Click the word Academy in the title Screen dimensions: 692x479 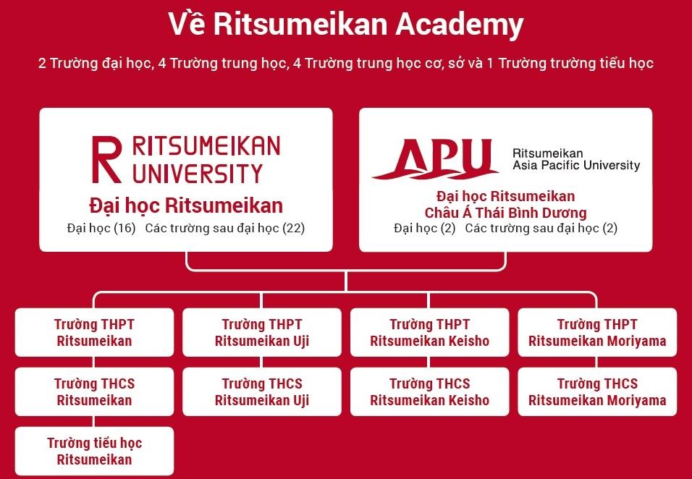[460, 25]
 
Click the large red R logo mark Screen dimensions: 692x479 [106, 159]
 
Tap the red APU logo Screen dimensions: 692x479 [435, 159]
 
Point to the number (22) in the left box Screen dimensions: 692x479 [293, 229]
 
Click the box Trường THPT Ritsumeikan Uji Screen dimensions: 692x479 [262, 332]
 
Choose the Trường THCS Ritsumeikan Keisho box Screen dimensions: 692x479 [429, 391]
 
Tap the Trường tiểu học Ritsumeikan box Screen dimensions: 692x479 [94, 452]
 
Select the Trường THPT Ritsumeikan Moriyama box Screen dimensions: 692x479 [597, 332]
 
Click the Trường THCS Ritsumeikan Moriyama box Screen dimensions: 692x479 [597, 391]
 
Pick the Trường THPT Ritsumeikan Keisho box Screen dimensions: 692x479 [429, 332]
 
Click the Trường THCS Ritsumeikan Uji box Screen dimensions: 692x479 [262, 391]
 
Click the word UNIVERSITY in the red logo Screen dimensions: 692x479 [198, 174]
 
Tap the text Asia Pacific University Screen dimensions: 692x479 [576, 166]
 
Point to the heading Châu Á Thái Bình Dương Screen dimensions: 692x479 [506, 213]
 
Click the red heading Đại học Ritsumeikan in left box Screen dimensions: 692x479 [186, 206]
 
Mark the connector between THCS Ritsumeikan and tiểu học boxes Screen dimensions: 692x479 [93, 422]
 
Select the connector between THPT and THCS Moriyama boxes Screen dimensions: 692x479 [596, 362]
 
